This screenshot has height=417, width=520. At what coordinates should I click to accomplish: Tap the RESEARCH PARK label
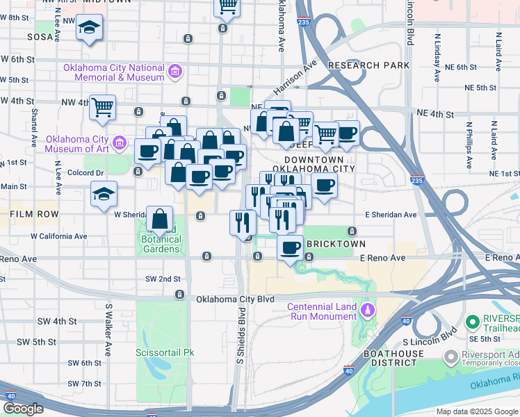pos(369,65)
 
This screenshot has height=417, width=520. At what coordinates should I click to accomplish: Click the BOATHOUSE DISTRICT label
pos(393,359)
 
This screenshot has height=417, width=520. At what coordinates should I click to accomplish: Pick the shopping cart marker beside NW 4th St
pos(102,108)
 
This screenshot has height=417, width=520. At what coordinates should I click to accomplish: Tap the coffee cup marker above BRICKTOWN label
pos(291,247)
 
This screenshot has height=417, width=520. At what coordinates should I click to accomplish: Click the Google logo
pos(24,409)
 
